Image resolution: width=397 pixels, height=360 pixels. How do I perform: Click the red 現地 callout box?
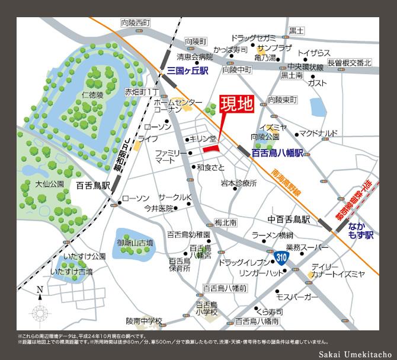(x=236, y=104)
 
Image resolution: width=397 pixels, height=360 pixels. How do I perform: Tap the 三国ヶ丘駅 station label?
(x=188, y=71)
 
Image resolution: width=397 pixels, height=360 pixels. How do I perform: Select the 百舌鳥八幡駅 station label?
(x=277, y=152)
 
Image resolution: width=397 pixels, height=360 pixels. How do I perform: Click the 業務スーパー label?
(x=307, y=247)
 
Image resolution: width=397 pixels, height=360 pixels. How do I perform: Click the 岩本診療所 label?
(x=239, y=183)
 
